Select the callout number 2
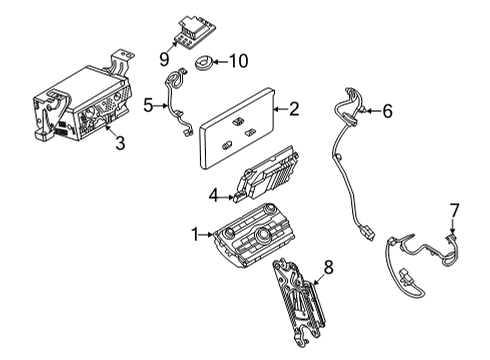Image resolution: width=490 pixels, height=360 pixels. (294, 107)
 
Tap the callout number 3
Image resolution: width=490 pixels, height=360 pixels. (119, 143)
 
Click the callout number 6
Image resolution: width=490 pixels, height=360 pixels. (388, 111)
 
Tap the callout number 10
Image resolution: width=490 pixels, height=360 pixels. (238, 62)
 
